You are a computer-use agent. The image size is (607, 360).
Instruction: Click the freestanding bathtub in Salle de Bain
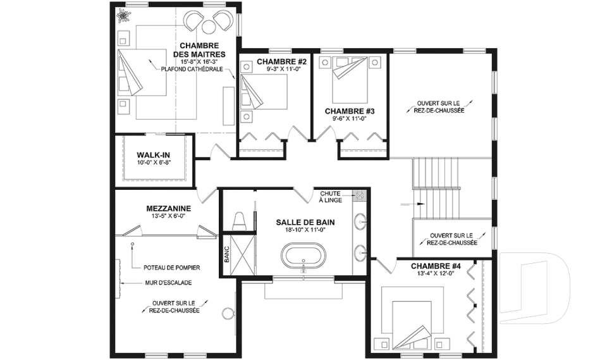click(303, 256)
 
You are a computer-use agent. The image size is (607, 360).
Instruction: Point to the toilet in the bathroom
click(240, 221)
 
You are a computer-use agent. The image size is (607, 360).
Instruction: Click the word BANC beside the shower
click(227, 254)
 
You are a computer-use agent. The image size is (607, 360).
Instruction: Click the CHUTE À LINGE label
click(330, 197)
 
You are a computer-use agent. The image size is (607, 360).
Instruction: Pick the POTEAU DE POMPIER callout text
click(172, 268)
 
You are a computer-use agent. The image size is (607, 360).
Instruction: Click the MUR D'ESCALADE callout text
click(168, 283)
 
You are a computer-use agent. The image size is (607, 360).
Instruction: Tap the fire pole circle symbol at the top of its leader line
click(132, 244)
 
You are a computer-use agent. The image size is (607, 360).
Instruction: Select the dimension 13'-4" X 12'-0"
click(432, 273)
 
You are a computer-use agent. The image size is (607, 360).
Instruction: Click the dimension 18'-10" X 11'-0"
click(305, 230)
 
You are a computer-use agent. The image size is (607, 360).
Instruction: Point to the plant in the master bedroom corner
click(123, 16)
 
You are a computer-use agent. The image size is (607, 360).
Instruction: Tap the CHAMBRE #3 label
click(350, 111)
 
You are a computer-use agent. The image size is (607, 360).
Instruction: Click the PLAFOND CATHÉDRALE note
click(192, 70)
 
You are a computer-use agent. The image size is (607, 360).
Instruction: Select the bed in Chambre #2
click(264, 92)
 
